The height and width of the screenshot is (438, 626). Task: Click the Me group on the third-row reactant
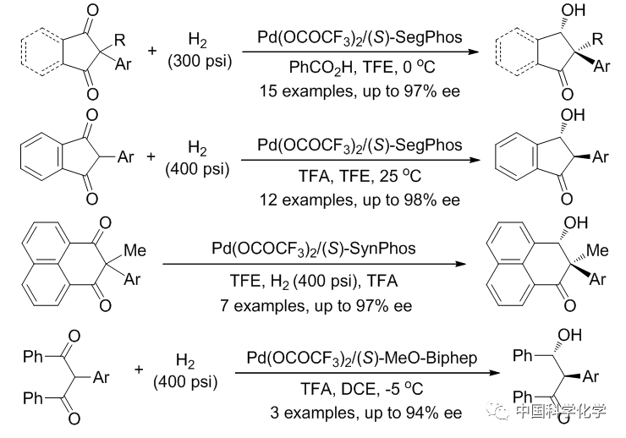pos(135,251)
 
